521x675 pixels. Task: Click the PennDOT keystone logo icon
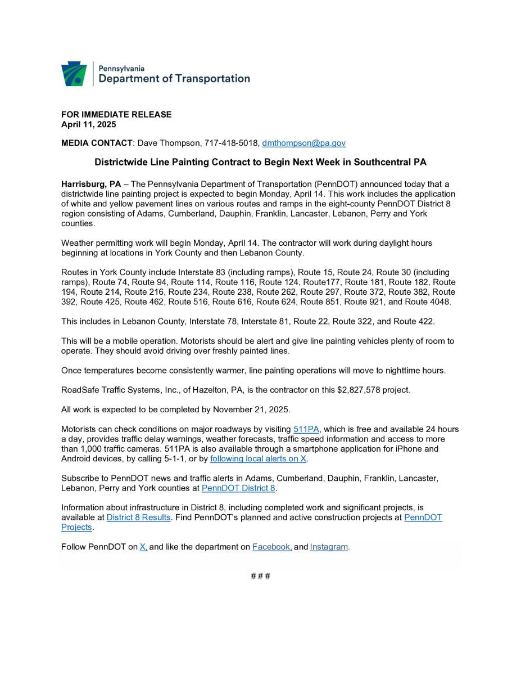74,74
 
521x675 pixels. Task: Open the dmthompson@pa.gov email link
303,143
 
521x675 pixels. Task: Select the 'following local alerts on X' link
259,459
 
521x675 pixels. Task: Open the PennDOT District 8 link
238,488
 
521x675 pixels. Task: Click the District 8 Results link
138,517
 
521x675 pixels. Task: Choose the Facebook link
272,547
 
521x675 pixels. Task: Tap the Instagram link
329,547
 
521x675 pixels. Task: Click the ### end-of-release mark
260,577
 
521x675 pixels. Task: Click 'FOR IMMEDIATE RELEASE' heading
116,115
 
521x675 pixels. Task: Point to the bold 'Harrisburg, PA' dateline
91,184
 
